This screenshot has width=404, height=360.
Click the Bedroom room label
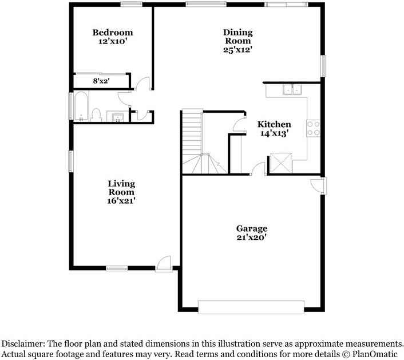113,33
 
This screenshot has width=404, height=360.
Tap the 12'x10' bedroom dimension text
113,41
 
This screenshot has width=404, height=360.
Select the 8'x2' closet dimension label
101,81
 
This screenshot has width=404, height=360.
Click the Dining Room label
237,37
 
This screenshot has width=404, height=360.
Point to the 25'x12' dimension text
237,50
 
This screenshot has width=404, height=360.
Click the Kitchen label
274,124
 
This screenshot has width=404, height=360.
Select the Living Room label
121,188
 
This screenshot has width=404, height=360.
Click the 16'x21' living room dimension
121,200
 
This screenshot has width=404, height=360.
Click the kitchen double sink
293,89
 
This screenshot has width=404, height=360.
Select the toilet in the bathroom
96,115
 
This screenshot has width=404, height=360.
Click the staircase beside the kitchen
193,140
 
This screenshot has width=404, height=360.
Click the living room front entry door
164,263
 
